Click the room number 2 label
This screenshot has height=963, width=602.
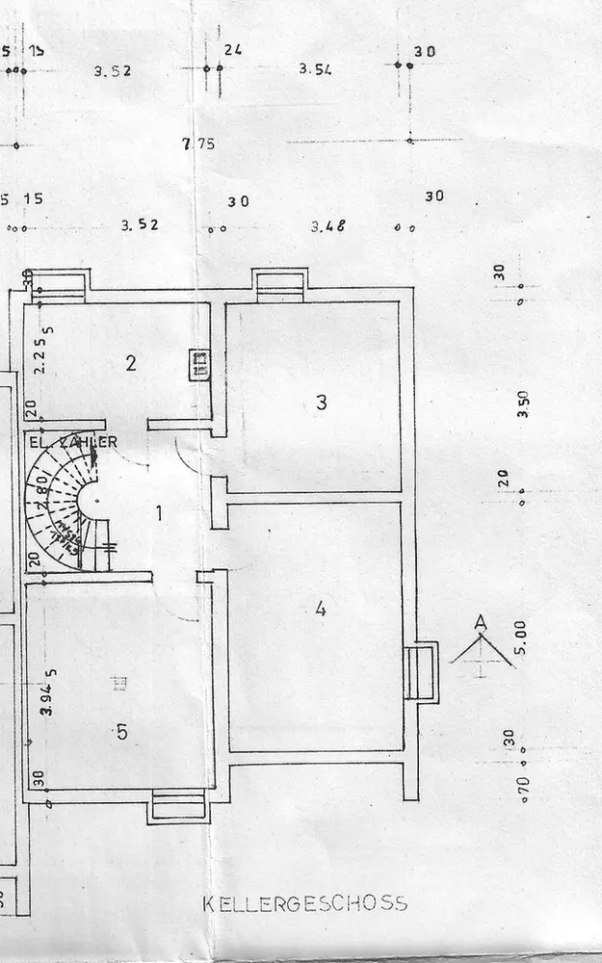[131, 363]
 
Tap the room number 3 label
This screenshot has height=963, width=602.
[321, 403]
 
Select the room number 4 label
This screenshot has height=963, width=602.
[321, 609]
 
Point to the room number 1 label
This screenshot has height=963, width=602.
[159, 512]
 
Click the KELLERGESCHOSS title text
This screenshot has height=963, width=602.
[304, 904]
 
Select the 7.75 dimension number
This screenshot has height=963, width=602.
[197, 144]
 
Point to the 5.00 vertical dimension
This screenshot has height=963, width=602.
[521, 637]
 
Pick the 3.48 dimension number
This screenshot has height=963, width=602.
[327, 227]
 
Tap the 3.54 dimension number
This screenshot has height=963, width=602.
[315, 69]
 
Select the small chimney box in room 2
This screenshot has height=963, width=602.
[200, 364]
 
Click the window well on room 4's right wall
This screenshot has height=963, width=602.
[420, 672]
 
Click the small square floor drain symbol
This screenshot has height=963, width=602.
[118, 685]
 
